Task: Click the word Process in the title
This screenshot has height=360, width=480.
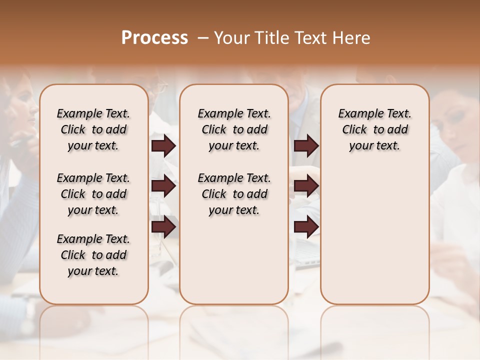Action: click(154, 38)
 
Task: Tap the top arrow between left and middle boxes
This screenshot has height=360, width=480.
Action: click(163, 146)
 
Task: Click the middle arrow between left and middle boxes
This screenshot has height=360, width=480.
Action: click(163, 186)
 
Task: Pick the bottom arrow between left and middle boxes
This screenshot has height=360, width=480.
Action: click(163, 227)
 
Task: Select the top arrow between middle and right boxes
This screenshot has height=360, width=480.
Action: click(306, 146)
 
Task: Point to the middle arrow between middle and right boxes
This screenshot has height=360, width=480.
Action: click(306, 186)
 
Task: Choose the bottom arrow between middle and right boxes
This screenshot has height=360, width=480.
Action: click(306, 227)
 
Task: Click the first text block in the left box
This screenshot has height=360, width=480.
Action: click(93, 129)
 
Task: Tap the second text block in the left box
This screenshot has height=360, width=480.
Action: click(93, 194)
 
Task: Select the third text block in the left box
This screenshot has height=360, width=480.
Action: click(93, 255)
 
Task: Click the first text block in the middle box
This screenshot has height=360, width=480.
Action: click(234, 129)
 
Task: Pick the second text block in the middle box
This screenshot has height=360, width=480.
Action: click(234, 194)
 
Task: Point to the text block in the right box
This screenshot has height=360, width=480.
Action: click(374, 129)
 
